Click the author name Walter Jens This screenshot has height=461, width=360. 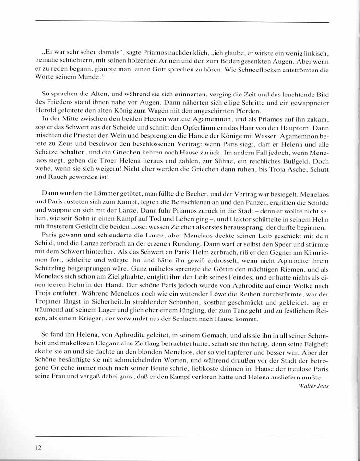point(313,386)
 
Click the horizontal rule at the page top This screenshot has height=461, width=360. point(182,22)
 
